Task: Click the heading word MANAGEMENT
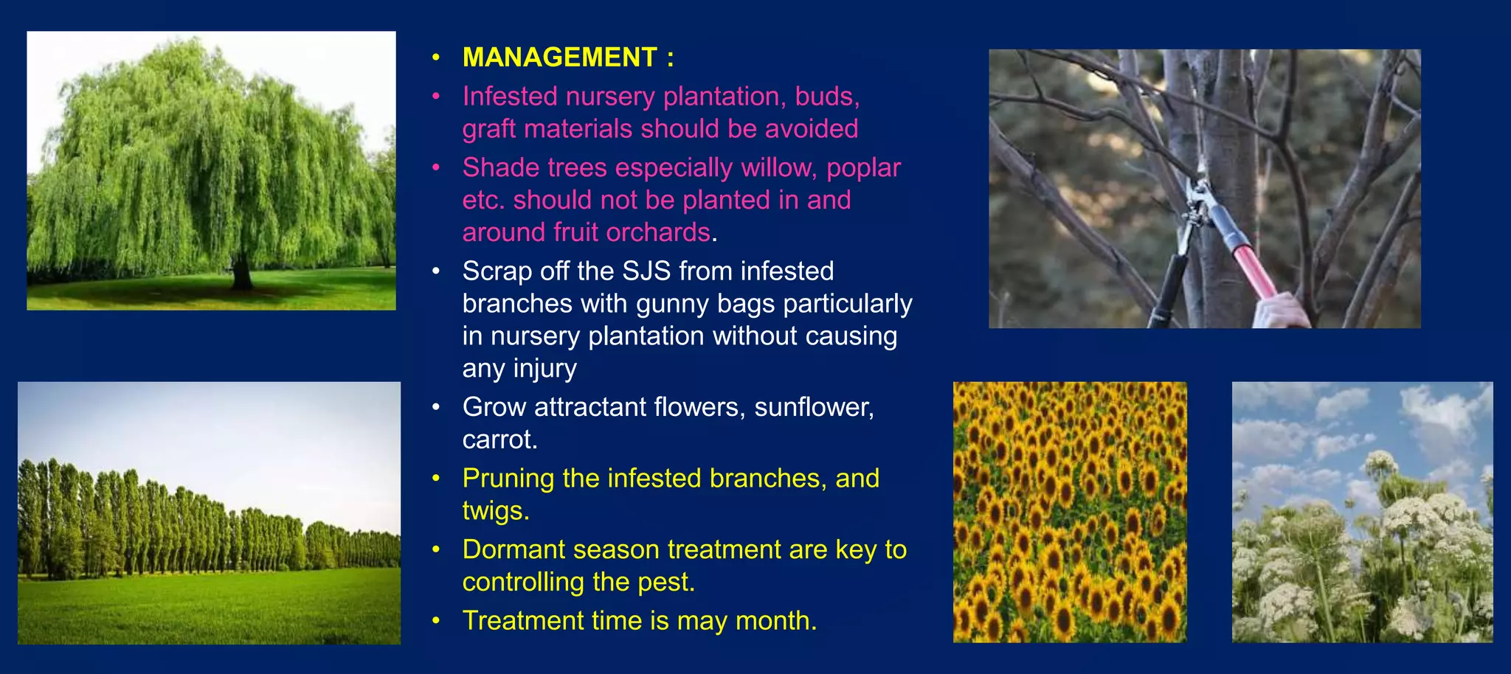(559, 58)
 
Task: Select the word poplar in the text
(863, 168)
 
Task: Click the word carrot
(498, 440)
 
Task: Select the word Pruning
(508, 479)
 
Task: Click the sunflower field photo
(1070, 512)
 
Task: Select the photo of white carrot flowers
(1362, 512)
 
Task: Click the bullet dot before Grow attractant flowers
(436, 407)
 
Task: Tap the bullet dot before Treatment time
(436, 621)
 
